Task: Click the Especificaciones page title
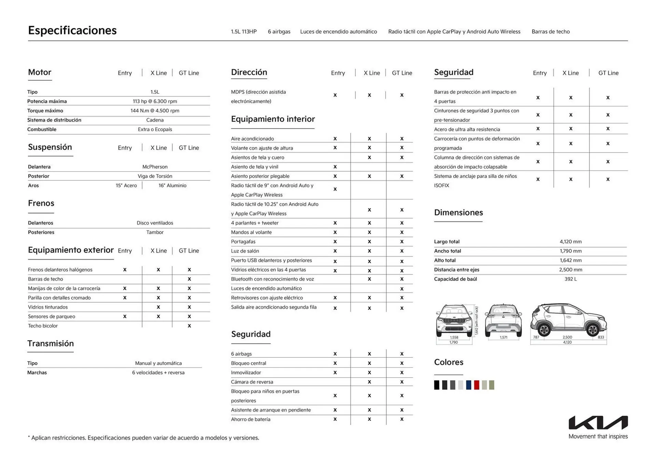pos(72,30)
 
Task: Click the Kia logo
pos(598,423)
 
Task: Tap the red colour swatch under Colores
pos(477,385)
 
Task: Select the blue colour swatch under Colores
pos(468,385)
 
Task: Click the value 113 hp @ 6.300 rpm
pos(155,101)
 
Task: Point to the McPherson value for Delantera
pos(155,167)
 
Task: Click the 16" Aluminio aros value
pos(172,186)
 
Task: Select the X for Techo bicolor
pos(189,326)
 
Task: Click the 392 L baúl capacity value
pos(570,279)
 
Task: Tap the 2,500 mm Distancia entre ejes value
pos(570,270)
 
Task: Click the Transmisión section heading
pos(51,343)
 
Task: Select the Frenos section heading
pos(41,203)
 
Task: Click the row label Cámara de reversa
pos(252,382)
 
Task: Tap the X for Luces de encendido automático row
pos(402,289)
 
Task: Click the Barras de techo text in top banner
pos(550,32)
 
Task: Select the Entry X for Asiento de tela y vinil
pos(335,167)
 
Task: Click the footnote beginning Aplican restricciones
pos(143,438)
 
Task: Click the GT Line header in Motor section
pos(189,73)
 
